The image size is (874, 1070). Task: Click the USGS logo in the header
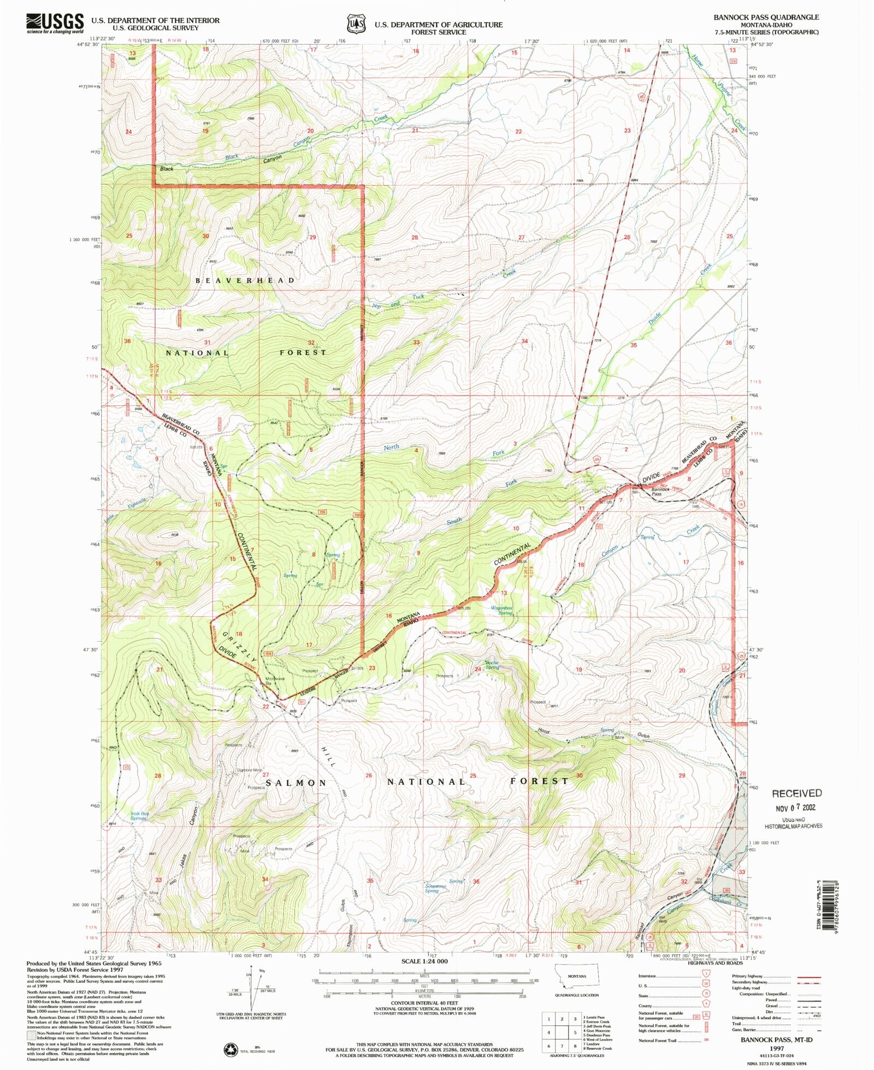pyautogui.click(x=55, y=23)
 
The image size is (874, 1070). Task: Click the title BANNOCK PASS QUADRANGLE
pyautogui.click(x=766, y=17)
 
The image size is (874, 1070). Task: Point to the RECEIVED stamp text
pyautogui.click(x=796, y=793)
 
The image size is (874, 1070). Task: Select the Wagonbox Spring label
pyautogui.click(x=501, y=610)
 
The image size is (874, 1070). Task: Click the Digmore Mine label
pyautogui.click(x=249, y=770)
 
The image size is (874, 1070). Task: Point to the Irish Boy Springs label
pyautogui.click(x=139, y=815)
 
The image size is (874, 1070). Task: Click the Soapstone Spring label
pyautogui.click(x=432, y=888)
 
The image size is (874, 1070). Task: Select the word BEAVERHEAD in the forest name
pyautogui.click(x=245, y=280)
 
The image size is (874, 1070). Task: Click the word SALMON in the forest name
pyautogui.click(x=296, y=783)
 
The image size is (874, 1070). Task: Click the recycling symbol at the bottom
pyautogui.click(x=231, y=1049)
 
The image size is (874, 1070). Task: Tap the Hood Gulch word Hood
pyautogui.click(x=543, y=730)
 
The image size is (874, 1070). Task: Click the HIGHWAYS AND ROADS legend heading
pyautogui.click(x=715, y=963)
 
